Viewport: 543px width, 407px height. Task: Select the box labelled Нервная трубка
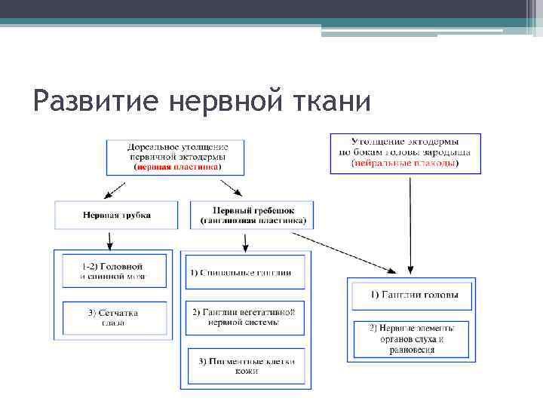click(116, 215)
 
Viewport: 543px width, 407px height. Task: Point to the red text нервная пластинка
click(178, 167)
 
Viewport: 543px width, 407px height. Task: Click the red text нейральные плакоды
click(405, 163)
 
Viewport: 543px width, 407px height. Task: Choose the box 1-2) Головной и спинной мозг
click(112, 271)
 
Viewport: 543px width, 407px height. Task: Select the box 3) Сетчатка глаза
click(112, 317)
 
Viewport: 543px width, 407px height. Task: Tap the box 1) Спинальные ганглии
click(245, 272)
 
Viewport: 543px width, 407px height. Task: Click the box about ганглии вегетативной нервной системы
click(245, 317)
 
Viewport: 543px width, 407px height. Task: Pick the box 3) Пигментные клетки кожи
click(245, 366)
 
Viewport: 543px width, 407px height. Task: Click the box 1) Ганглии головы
click(410, 295)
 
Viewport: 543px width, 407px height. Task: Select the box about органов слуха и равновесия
click(410, 339)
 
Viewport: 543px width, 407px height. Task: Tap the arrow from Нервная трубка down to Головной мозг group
click(111, 240)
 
